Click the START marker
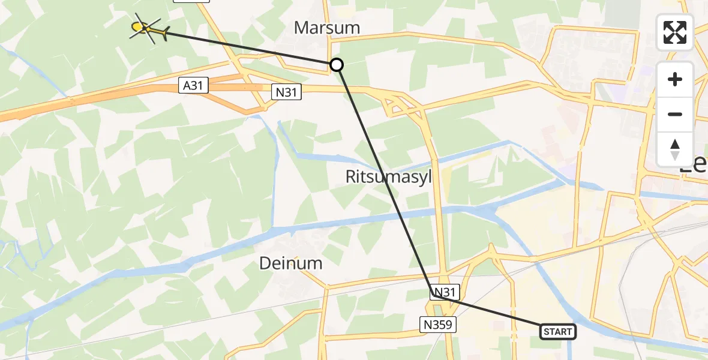(x=558, y=331)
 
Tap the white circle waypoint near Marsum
(x=337, y=65)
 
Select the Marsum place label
(x=327, y=28)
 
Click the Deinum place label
(x=291, y=263)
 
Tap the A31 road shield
(x=193, y=86)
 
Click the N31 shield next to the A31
(x=286, y=92)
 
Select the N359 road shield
(x=439, y=325)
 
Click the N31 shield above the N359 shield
(x=445, y=292)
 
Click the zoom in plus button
(x=675, y=79)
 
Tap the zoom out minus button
(x=675, y=114)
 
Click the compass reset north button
(x=675, y=149)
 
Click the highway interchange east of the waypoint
(x=402, y=105)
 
